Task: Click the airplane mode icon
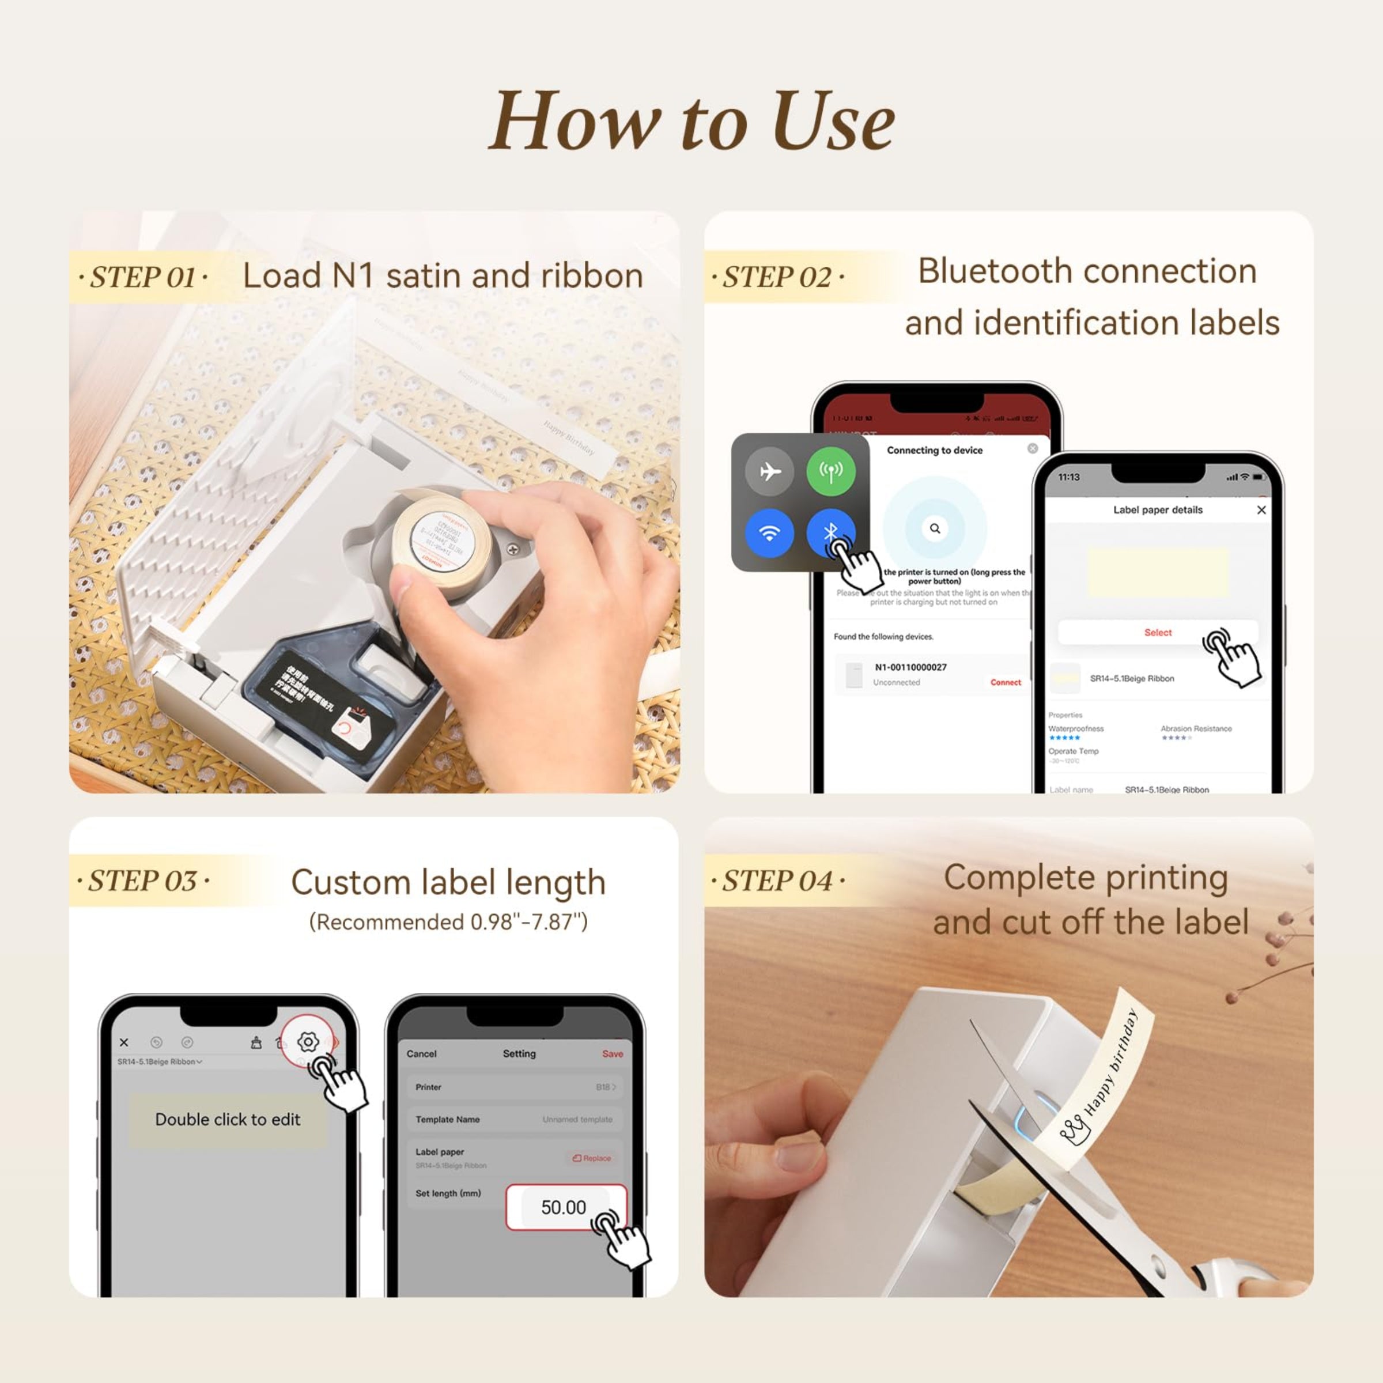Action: coord(769,471)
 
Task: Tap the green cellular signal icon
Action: coord(830,471)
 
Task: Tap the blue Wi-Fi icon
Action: coord(769,533)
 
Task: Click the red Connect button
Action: coord(1005,682)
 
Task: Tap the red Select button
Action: coord(1158,633)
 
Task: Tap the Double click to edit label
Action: coord(228,1120)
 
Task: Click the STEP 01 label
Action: coord(142,277)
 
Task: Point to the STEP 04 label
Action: coord(777,881)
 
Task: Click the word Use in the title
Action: coord(833,122)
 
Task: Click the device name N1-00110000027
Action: coord(910,667)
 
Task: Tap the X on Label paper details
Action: coord(1261,509)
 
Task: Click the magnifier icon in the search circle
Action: coord(935,528)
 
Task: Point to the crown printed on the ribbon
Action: coord(1074,1132)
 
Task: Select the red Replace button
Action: coord(592,1158)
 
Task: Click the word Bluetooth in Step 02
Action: coord(978,272)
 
